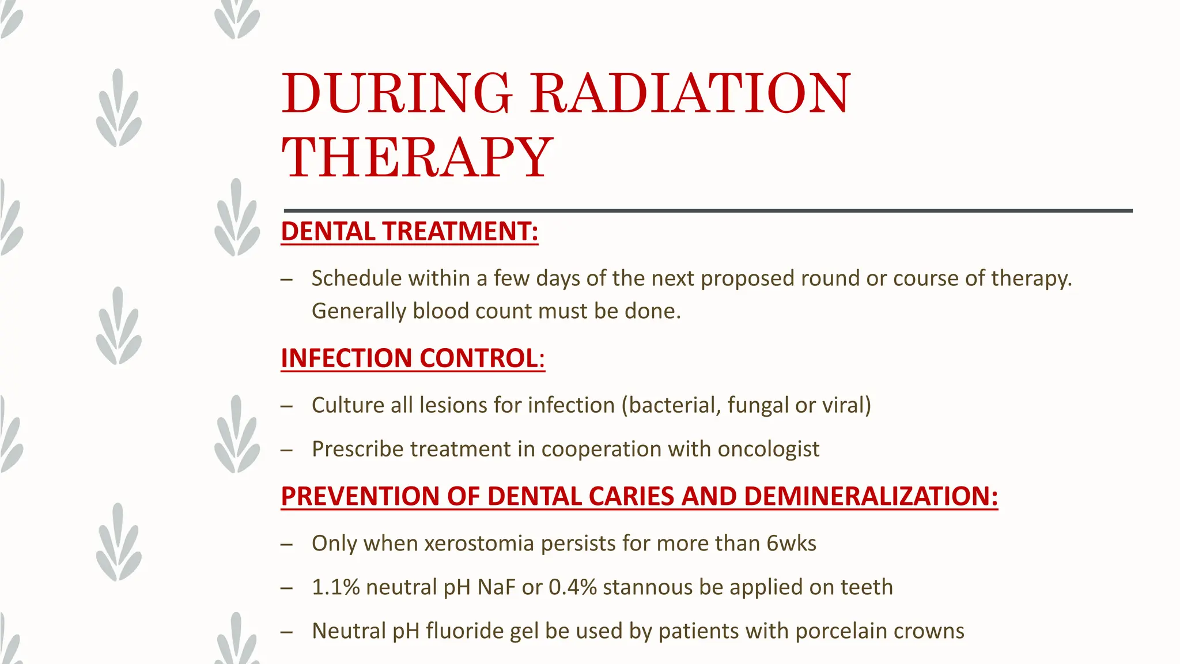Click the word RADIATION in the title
690,93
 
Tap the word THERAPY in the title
417,158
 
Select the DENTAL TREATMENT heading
409,232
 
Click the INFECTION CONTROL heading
413,359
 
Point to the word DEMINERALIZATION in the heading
871,497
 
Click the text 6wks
791,544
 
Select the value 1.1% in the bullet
335,588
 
